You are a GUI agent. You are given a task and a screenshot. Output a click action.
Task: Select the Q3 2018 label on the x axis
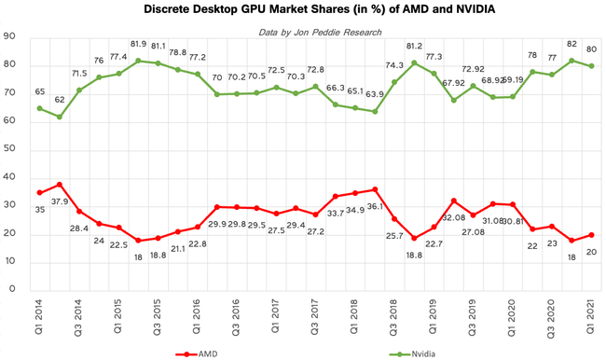(x=393, y=315)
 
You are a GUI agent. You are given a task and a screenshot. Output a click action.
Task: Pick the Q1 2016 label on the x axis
(x=197, y=315)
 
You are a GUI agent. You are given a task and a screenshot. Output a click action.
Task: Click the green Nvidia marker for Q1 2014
(x=39, y=108)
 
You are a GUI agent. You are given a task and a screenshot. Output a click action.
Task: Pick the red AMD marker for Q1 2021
(x=591, y=234)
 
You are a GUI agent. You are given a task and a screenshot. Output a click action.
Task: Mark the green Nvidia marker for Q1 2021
(x=591, y=66)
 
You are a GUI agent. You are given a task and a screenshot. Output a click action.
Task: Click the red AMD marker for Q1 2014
(x=39, y=192)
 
